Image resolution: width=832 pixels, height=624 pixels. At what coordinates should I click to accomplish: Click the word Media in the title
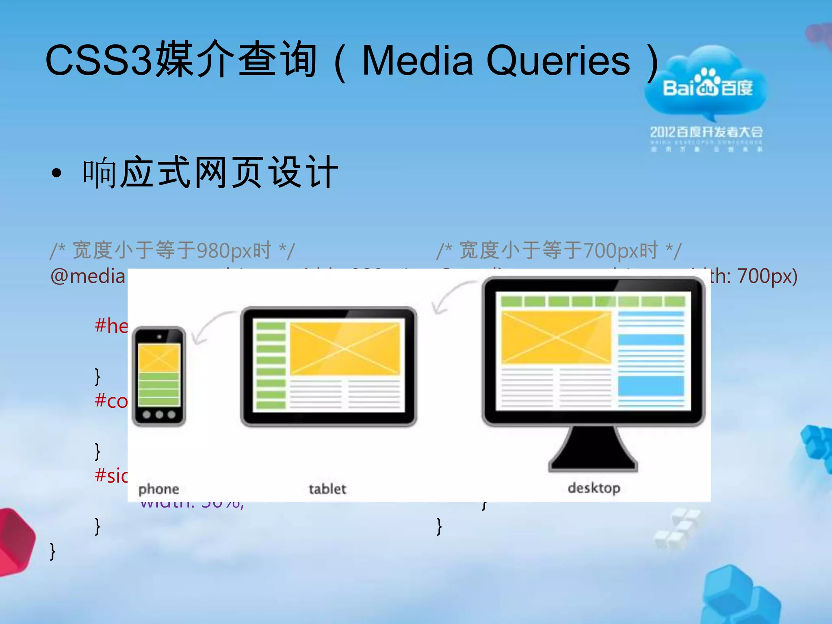tap(417, 61)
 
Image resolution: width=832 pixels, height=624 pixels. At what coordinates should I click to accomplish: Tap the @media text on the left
tap(88, 277)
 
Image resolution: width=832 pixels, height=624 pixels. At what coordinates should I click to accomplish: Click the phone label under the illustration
tap(158, 489)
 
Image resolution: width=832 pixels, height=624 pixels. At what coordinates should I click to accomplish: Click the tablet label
tap(327, 489)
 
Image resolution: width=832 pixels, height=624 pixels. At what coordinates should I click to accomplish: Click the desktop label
tap(594, 488)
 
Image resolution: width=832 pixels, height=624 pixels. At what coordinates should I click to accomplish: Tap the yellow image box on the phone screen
tap(159, 357)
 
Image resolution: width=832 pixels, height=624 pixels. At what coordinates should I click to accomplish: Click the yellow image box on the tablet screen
tap(345, 349)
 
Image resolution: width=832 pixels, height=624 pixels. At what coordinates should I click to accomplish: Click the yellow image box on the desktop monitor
tap(556, 337)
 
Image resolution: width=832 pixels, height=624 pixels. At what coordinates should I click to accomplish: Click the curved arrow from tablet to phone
tap(211, 325)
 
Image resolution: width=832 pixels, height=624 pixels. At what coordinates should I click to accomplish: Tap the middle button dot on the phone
tap(159, 415)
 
